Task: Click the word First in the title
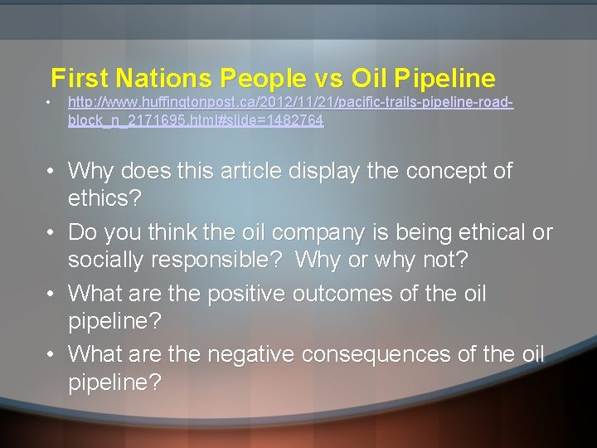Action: [80, 78]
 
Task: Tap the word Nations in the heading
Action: [164, 78]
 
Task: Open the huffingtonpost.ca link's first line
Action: [290, 104]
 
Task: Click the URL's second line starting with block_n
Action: [196, 120]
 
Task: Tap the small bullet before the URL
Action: [50, 104]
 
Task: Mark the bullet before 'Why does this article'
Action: [51, 172]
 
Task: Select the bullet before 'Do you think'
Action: [51, 233]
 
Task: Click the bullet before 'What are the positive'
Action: [51, 294]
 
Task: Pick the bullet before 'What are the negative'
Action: [51, 355]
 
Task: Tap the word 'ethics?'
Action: [105, 200]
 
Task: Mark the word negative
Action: [251, 355]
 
